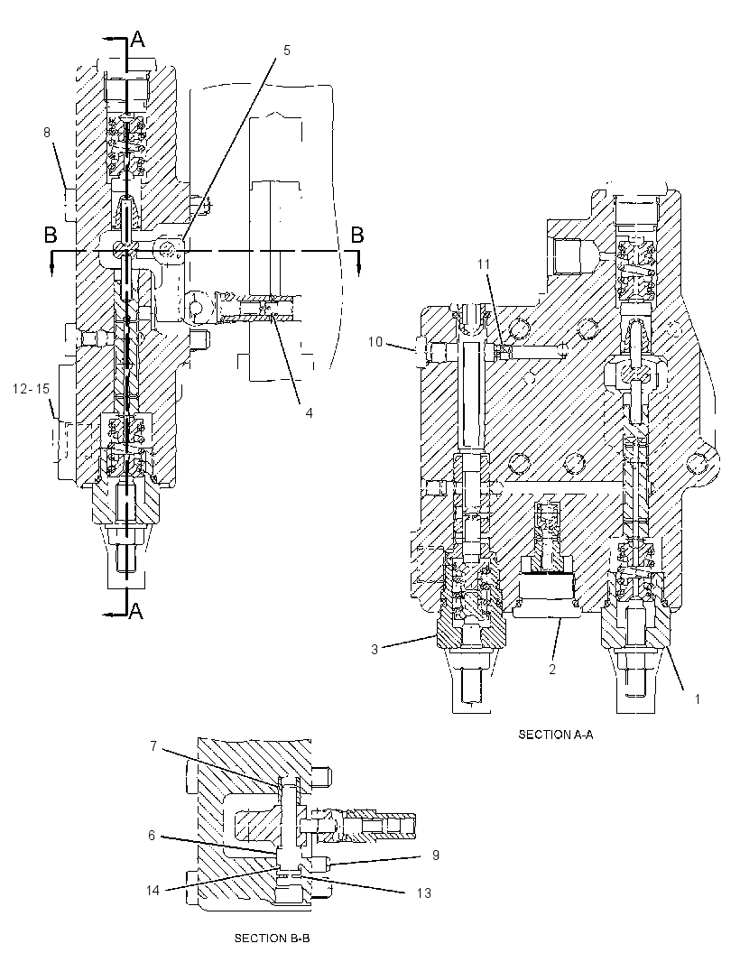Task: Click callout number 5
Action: (287, 51)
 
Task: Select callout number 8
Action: (47, 132)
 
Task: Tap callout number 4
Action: (309, 413)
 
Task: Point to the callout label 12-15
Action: (30, 388)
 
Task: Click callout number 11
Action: (484, 264)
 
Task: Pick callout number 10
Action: (375, 342)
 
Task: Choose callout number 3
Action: (375, 650)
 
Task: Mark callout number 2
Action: (552, 670)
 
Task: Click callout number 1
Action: (697, 698)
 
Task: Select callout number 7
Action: (154, 746)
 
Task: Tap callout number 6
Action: (152, 836)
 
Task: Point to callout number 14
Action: (153, 890)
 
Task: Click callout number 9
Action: (436, 856)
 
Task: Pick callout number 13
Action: (424, 893)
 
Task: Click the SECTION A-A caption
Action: (556, 735)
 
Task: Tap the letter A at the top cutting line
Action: (138, 40)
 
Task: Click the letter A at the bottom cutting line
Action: (136, 610)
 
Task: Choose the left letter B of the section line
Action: (51, 235)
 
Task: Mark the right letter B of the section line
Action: (356, 235)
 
